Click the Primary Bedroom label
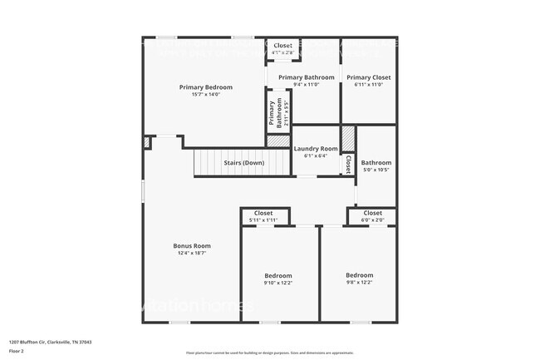[x=206, y=86]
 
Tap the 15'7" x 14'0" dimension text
[x=206, y=94]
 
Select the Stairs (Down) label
[x=243, y=163]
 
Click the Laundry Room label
[x=316, y=149]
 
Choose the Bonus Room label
[x=192, y=245]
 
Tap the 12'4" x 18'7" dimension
[x=192, y=253]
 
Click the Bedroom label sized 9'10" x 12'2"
[x=278, y=275]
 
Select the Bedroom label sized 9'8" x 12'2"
[x=360, y=274]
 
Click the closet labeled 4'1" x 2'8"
[x=283, y=46]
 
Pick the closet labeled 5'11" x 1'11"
[x=263, y=213]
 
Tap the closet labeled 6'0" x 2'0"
[x=372, y=213]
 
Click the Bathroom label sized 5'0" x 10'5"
[x=376, y=162]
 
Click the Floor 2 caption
[x=17, y=352]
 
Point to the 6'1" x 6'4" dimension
[x=316, y=156]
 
